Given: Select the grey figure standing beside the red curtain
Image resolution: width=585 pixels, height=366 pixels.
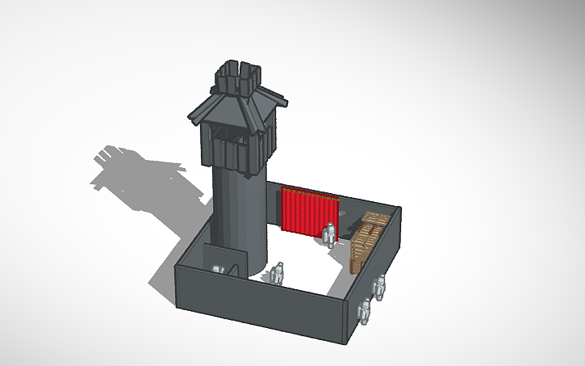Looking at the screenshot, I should pyautogui.click(x=329, y=234).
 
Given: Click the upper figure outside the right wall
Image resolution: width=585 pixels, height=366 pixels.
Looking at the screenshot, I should pyautogui.click(x=380, y=288).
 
